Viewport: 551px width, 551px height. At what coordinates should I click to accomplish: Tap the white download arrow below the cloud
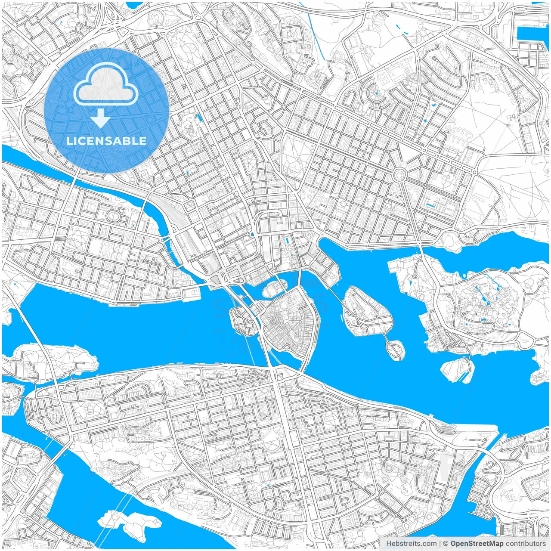pyautogui.click(x=100, y=118)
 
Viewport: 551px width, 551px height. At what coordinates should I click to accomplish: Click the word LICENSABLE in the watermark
pyautogui.click(x=106, y=141)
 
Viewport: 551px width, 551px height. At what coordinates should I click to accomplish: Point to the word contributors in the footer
pyautogui.click(x=526, y=544)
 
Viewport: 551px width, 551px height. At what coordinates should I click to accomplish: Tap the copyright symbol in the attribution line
pyautogui.click(x=446, y=544)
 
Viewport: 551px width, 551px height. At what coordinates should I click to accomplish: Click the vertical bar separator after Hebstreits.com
pyautogui.click(x=440, y=544)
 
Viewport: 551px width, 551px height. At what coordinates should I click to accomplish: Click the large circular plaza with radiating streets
pyautogui.click(x=400, y=175)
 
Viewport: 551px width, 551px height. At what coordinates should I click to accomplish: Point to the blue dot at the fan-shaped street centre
pyautogui.click(x=376, y=93)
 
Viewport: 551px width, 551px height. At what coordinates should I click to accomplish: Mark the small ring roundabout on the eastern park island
pyautogui.click(x=414, y=277)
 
